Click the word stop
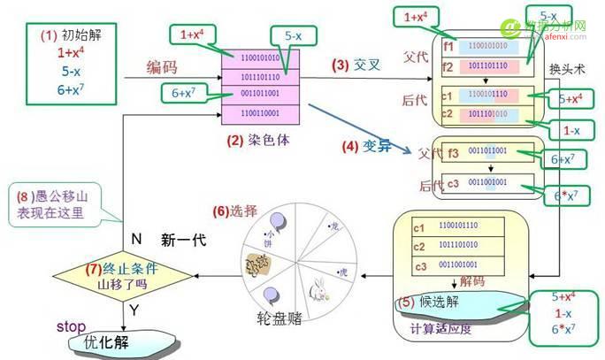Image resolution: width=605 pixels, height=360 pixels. coord(71,326)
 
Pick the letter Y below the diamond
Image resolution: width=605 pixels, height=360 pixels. coord(134,310)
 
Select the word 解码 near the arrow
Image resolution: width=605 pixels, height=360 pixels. coord(472,282)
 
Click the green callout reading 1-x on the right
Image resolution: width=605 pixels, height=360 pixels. coord(571,131)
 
